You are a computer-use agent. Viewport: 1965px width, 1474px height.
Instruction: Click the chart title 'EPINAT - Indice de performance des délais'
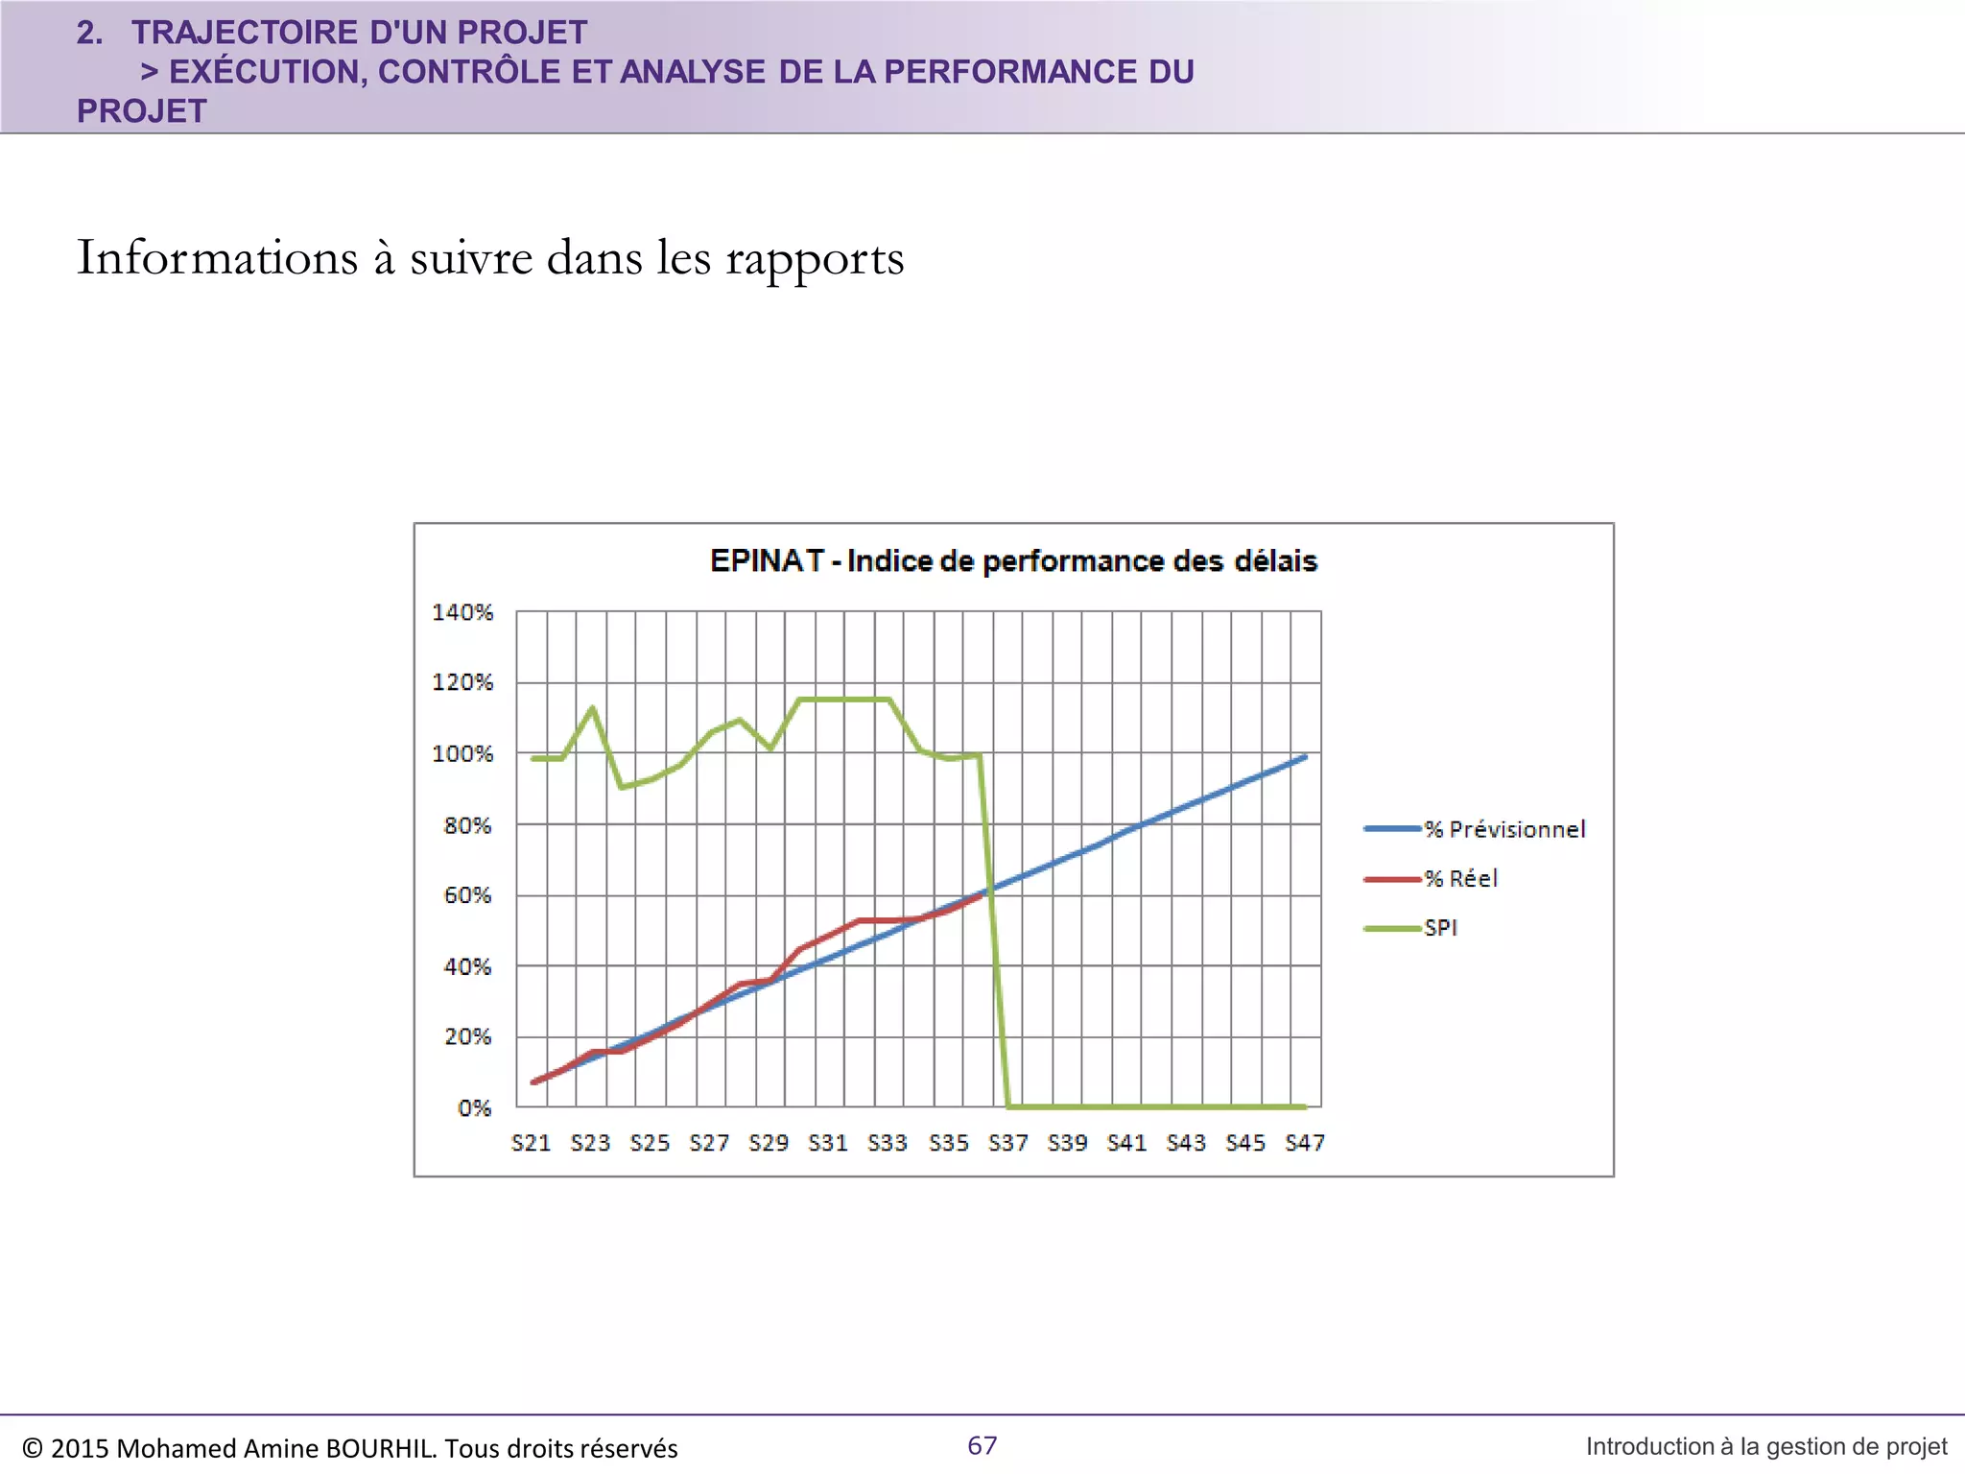pyautogui.click(x=1013, y=560)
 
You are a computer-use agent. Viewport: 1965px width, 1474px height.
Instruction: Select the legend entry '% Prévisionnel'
pyautogui.click(x=1503, y=829)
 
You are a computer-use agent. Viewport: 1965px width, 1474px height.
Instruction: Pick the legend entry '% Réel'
pyautogui.click(x=1460, y=878)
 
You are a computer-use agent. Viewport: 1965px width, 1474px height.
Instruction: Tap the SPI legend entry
pyautogui.click(x=1440, y=928)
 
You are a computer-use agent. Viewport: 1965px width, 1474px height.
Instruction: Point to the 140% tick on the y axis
pyautogui.click(x=462, y=612)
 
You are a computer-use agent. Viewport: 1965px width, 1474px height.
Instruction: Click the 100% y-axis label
pyautogui.click(x=462, y=754)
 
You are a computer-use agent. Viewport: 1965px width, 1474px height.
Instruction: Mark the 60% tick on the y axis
pyautogui.click(x=467, y=895)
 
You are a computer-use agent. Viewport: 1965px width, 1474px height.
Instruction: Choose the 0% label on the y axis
pyautogui.click(x=474, y=1108)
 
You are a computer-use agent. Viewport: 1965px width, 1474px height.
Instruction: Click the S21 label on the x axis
pyautogui.click(x=531, y=1143)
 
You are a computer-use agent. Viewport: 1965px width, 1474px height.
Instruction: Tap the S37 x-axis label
pyautogui.click(x=1007, y=1143)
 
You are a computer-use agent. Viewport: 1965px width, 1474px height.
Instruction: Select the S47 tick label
pyautogui.click(x=1305, y=1143)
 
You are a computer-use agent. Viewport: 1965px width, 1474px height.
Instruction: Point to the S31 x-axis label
pyautogui.click(x=828, y=1143)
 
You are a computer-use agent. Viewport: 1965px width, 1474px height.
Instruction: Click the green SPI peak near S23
pyautogui.click(x=592, y=708)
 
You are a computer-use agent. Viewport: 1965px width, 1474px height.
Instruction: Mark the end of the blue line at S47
pyautogui.click(x=1305, y=757)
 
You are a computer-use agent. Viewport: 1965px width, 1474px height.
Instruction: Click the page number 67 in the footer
pyautogui.click(x=982, y=1445)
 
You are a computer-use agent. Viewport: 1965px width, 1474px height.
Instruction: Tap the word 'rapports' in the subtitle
pyautogui.click(x=815, y=258)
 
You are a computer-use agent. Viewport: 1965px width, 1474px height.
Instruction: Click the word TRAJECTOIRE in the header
pyautogui.click(x=245, y=33)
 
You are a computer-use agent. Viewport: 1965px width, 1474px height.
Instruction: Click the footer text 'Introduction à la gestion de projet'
pyautogui.click(x=1765, y=1446)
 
